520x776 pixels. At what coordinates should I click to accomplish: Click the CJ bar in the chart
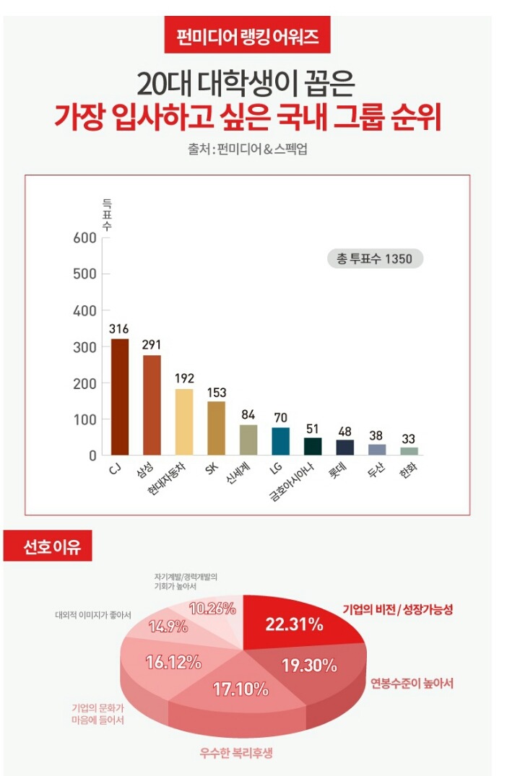pyautogui.click(x=119, y=396)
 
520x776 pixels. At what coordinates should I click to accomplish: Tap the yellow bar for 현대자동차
pyautogui.click(x=184, y=422)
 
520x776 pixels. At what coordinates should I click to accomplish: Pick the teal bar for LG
pyautogui.click(x=280, y=441)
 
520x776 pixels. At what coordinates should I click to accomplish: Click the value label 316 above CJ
pyautogui.click(x=119, y=328)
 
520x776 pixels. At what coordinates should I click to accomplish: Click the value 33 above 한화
pyautogui.click(x=409, y=438)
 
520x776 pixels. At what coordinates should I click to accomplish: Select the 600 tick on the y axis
pyautogui.click(x=84, y=239)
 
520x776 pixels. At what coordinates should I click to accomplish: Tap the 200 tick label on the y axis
pyautogui.click(x=84, y=383)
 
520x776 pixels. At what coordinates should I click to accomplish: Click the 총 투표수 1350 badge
pyautogui.click(x=375, y=258)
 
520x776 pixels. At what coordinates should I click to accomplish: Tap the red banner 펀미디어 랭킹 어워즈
pyautogui.click(x=247, y=35)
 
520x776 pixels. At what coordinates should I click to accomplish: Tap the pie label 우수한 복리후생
pyautogui.click(x=236, y=754)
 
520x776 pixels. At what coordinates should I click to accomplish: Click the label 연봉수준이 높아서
pyautogui.click(x=412, y=682)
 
